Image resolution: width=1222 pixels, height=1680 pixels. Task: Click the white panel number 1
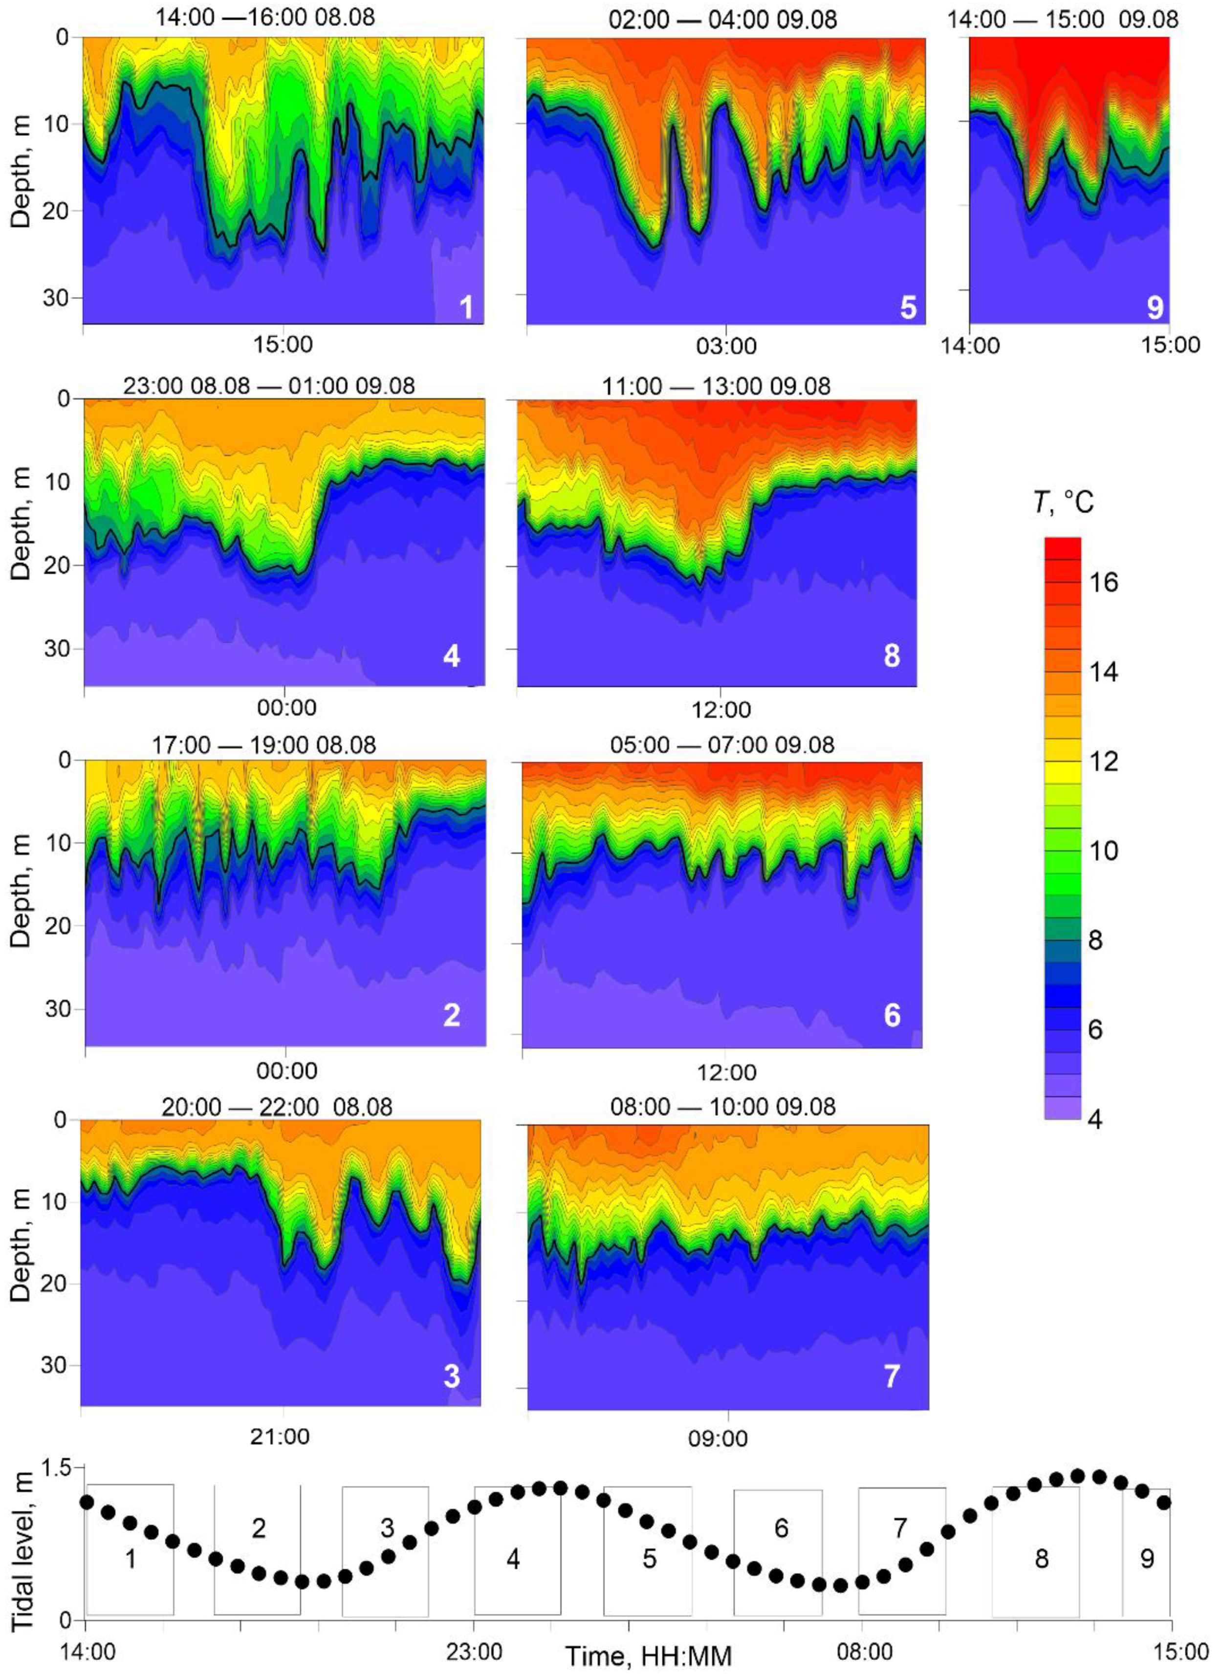[x=466, y=306]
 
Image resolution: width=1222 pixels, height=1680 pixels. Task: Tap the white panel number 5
[x=908, y=306]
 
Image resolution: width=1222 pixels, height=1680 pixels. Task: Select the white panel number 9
[x=1155, y=306]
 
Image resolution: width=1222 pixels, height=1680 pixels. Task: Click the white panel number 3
[x=452, y=1376]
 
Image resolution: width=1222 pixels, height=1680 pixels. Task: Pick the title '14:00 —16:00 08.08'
[x=265, y=16]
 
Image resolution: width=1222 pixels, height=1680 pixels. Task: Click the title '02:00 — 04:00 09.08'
[x=723, y=19]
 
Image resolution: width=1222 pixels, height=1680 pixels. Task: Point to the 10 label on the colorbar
[x=1104, y=851]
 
